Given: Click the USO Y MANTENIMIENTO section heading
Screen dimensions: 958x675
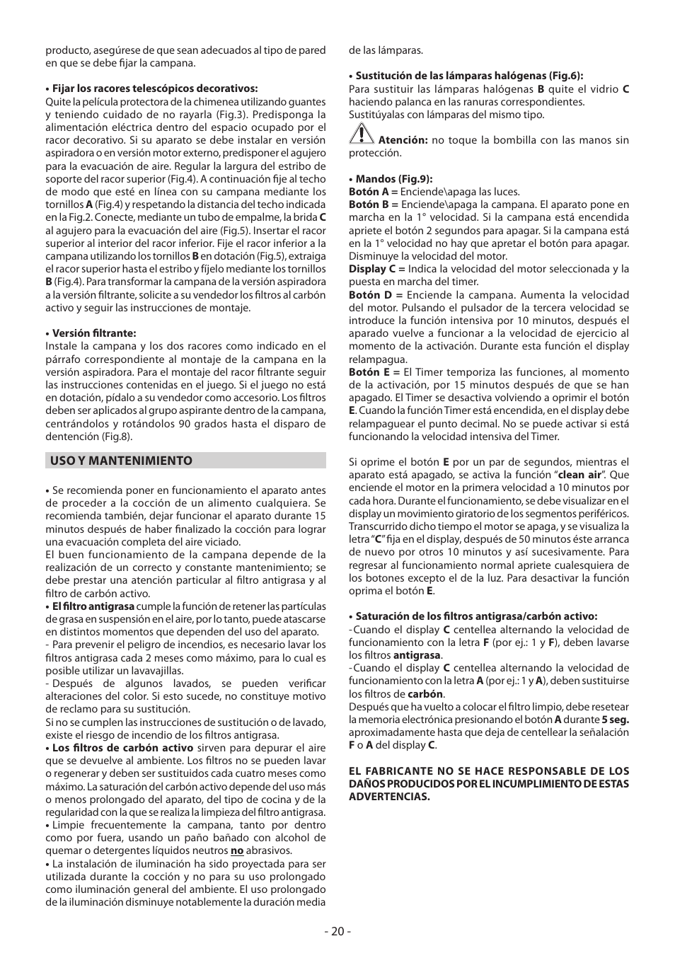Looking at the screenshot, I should tap(121, 461).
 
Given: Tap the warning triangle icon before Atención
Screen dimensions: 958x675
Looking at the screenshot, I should tap(362, 133).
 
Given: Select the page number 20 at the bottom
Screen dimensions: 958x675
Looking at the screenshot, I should tap(337, 931).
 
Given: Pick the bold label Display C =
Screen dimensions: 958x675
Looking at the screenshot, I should tap(376, 269).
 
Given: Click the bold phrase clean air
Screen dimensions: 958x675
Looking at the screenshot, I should tap(579, 475).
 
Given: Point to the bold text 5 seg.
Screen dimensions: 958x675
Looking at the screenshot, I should tap(615, 720).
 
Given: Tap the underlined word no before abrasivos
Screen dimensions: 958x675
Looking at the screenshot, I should tap(237, 850).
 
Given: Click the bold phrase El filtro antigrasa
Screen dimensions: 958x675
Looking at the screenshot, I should tap(93, 606).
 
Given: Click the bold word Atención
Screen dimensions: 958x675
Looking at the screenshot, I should tap(403, 140).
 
